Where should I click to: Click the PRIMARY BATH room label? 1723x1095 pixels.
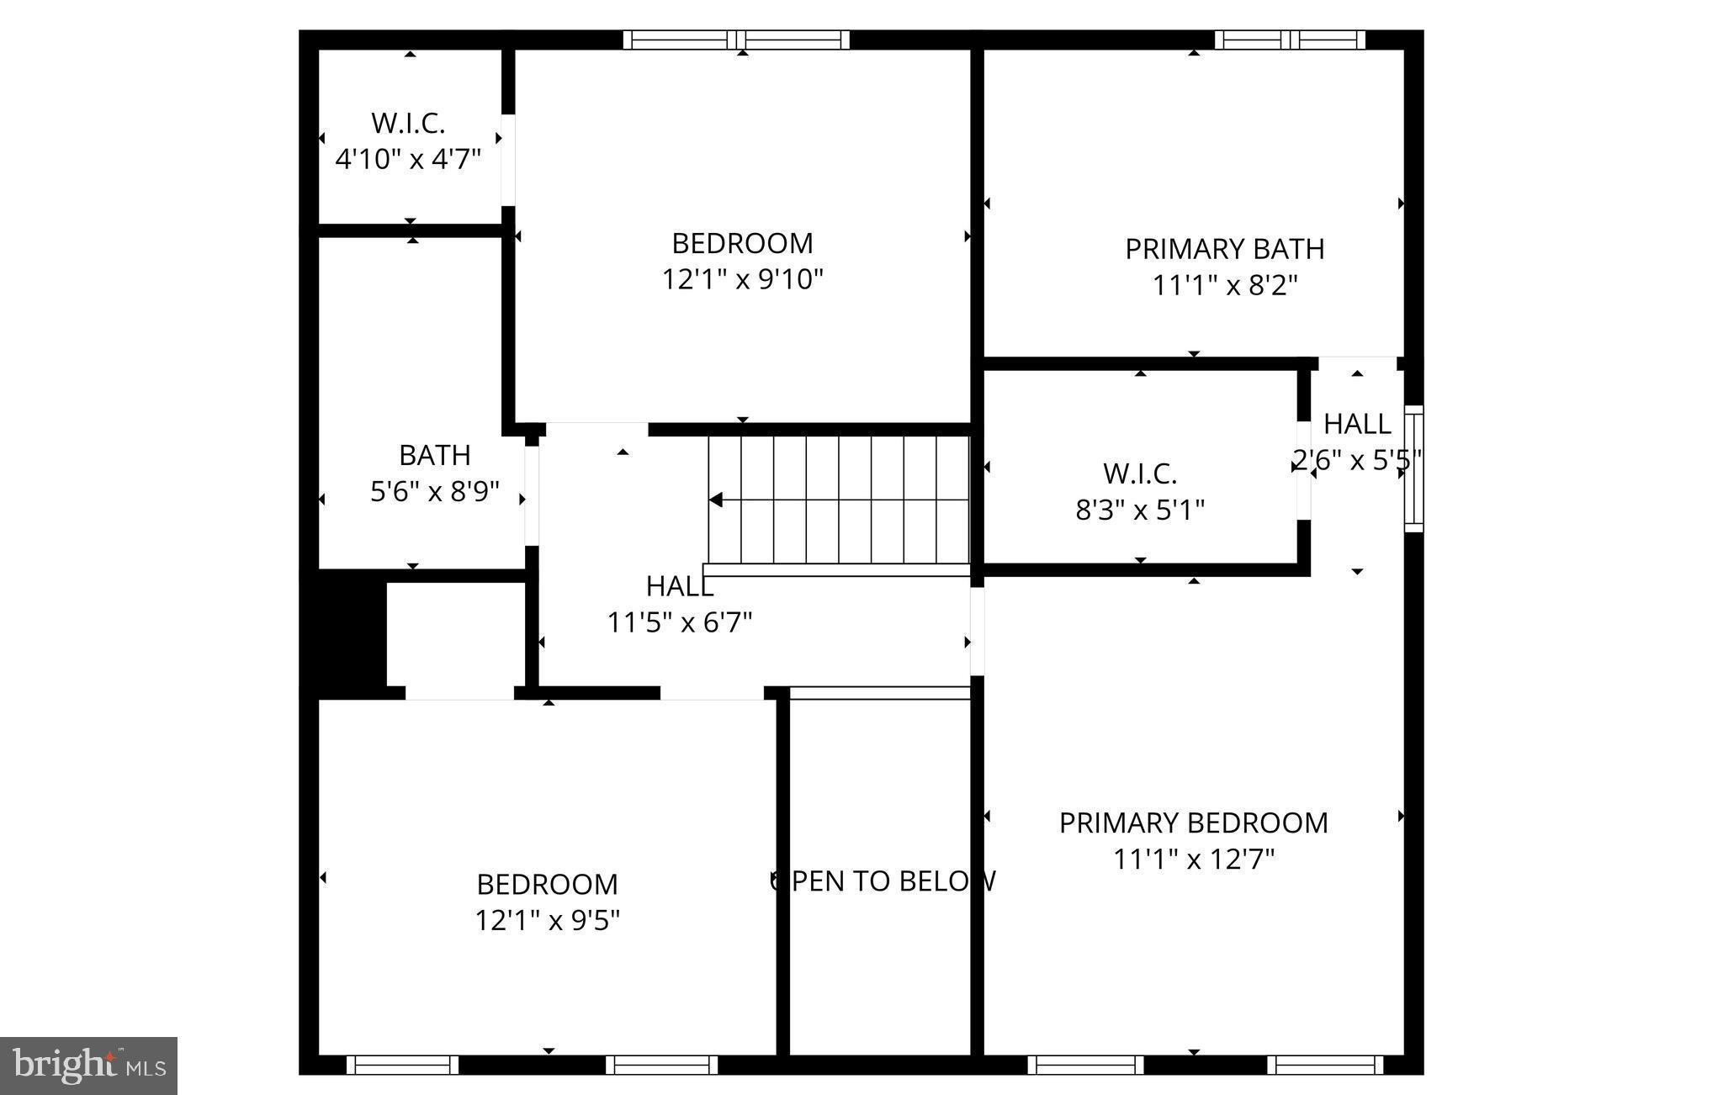pyautogui.click(x=1224, y=249)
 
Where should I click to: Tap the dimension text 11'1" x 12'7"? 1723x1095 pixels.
pyautogui.click(x=1194, y=860)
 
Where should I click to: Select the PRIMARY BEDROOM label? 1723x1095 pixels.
pyautogui.click(x=1193, y=823)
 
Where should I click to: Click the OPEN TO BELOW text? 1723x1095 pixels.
pyautogui.click(x=883, y=881)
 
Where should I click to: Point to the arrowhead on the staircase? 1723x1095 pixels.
pyautogui.click(x=716, y=500)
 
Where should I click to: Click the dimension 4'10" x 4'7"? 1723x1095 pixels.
pyautogui.click(x=408, y=159)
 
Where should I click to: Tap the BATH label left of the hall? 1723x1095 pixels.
pyautogui.click(x=434, y=455)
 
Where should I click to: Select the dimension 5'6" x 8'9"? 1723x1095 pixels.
pyautogui.click(x=435, y=491)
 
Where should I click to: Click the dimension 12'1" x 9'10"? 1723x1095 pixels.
pyautogui.click(x=742, y=279)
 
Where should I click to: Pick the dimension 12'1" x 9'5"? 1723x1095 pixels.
pyautogui.click(x=547, y=921)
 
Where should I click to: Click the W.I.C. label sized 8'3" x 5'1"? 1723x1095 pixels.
pyautogui.click(x=1140, y=473)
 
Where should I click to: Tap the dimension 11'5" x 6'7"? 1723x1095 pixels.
pyautogui.click(x=680, y=622)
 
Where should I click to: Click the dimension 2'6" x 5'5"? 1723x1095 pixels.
pyautogui.click(x=1356, y=460)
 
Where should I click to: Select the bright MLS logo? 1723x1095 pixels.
pyautogui.click(x=88, y=1066)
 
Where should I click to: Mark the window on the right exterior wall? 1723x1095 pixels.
pyautogui.click(x=1413, y=468)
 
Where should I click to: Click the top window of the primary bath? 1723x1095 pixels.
pyautogui.click(x=1290, y=40)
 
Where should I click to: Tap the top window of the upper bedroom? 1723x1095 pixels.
pyautogui.click(x=736, y=40)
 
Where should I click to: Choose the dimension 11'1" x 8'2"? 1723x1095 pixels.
pyautogui.click(x=1224, y=286)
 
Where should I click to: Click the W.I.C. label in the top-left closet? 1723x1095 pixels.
pyautogui.click(x=408, y=123)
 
